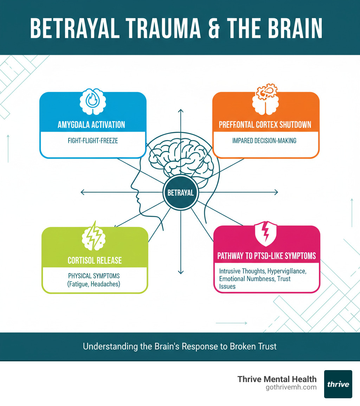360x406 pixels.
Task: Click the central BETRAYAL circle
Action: coord(180,192)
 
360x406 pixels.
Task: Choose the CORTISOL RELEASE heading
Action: coord(95,260)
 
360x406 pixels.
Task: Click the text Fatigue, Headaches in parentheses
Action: coord(94,284)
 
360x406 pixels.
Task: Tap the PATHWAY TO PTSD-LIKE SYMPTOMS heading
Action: coord(266,256)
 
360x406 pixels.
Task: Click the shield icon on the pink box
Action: coord(266,234)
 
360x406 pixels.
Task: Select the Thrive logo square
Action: coord(338,384)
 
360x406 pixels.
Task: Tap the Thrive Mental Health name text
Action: coord(277,379)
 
